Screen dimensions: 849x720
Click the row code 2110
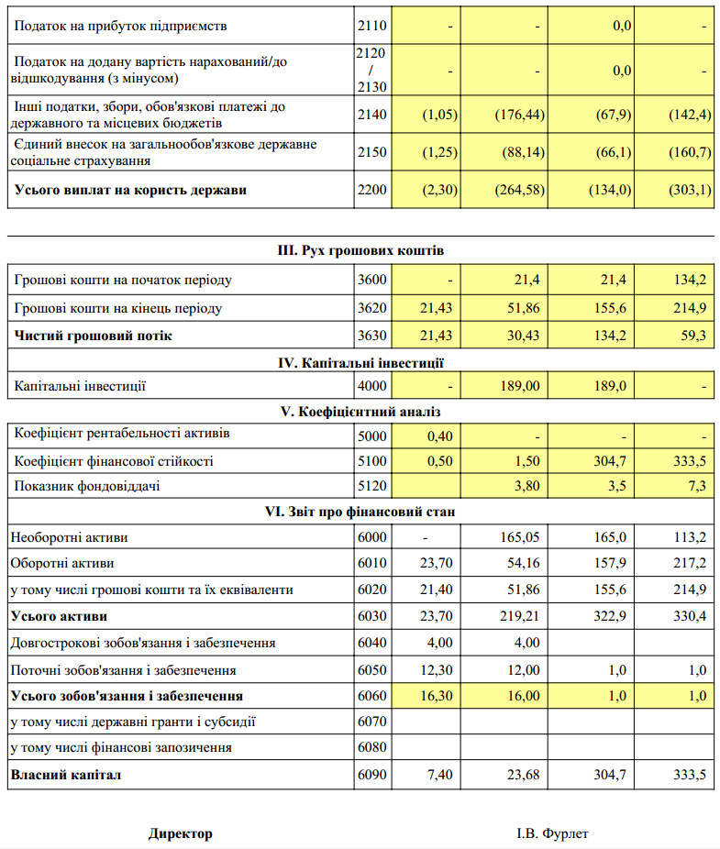[372, 26]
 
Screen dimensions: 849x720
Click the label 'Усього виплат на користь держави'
[130, 191]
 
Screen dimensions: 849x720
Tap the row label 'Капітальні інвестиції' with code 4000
[80, 386]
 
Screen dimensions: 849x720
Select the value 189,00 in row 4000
[519, 386]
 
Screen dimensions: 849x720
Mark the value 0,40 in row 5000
[440, 436]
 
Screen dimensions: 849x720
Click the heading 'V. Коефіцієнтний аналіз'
[362, 412]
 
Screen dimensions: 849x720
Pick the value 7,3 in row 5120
[697, 486]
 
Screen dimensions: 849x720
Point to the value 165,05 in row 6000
[519, 537]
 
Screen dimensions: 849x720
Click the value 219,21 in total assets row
[519, 616]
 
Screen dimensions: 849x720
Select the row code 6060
[372, 696]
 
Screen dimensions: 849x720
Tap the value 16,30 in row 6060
[436, 696]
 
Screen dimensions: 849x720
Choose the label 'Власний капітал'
[65, 776]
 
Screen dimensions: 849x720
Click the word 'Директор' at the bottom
[181, 833]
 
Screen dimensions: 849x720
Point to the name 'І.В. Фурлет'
[552, 833]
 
